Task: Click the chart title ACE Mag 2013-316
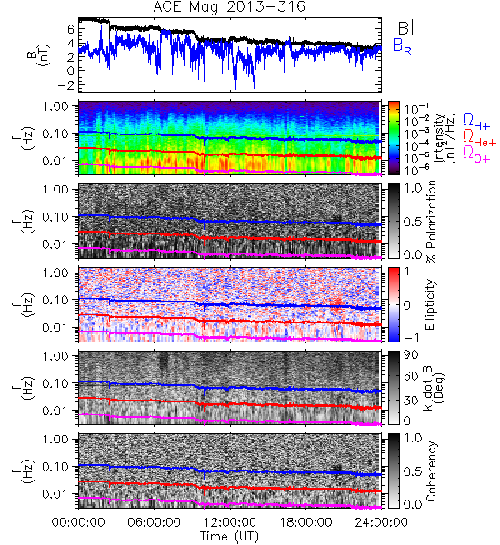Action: pos(229,7)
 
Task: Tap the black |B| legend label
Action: pos(404,27)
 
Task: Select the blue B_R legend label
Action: pos(402,47)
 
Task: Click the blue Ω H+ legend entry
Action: pos(476,122)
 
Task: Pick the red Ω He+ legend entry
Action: pos(479,138)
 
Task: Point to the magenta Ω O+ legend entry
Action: pos(476,154)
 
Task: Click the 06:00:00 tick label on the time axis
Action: pos(154,522)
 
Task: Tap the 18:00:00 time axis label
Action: pos(305,522)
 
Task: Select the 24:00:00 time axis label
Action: pos(381,522)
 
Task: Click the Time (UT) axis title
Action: pos(229,537)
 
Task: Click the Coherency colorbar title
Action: pos(431,471)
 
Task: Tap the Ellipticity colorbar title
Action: pos(430,304)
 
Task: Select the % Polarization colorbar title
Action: pos(431,222)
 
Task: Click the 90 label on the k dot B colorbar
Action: pos(411,354)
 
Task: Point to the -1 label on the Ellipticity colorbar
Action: pos(411,337)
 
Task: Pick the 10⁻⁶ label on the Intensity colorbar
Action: pos(412,170)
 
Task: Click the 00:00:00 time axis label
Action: pos(78,522)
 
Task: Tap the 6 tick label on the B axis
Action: pos(71,29)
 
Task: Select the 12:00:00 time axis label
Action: pos(230,522)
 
